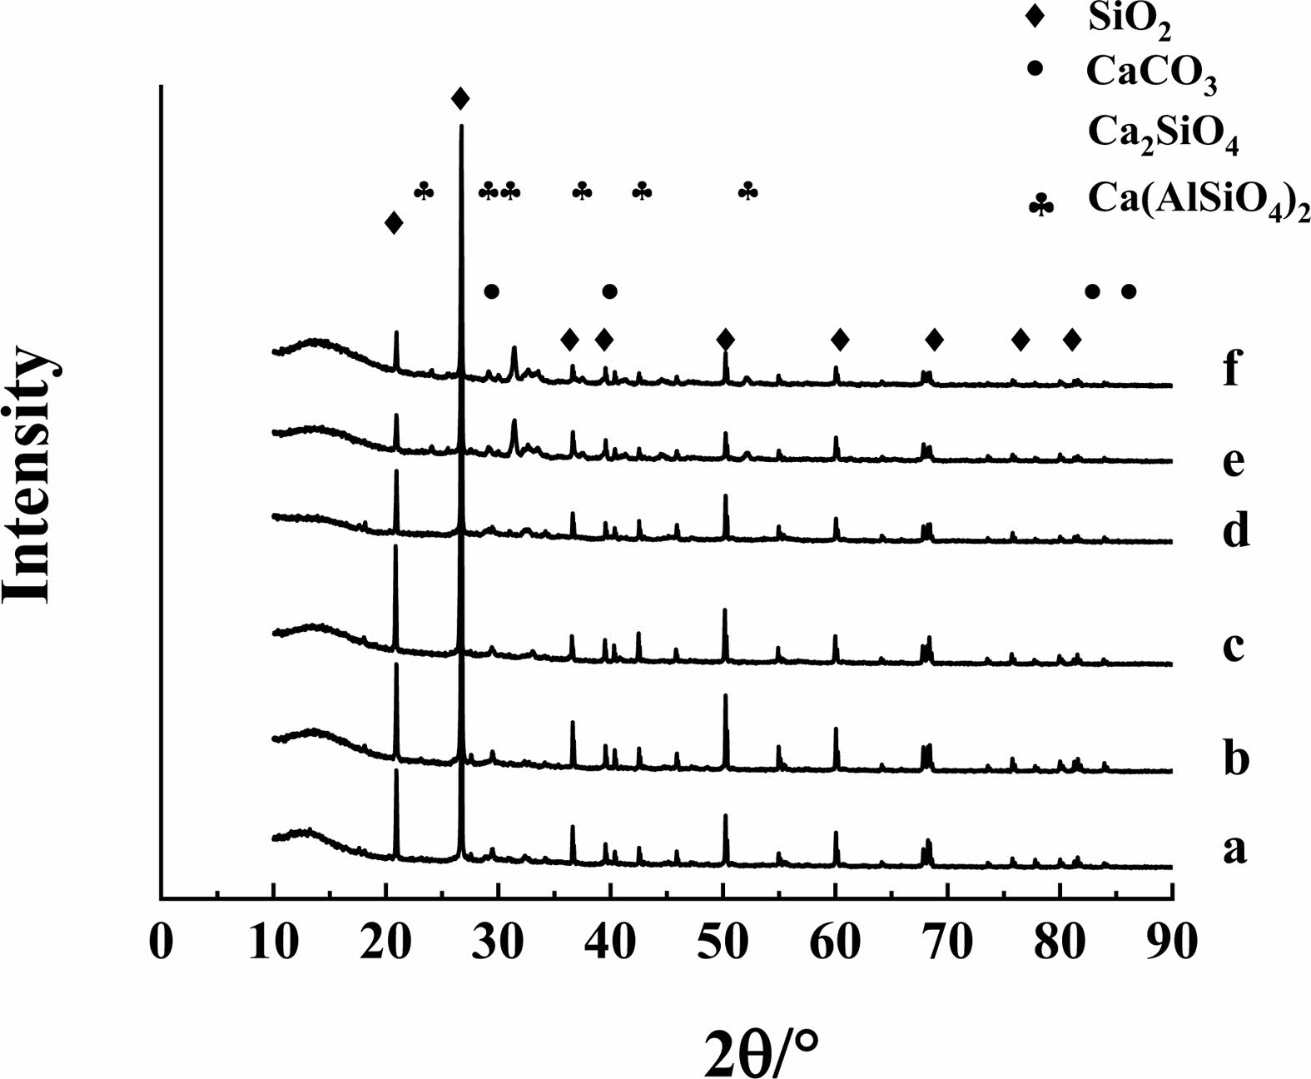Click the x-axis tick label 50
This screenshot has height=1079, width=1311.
(723, 943)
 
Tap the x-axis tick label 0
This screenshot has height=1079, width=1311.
(161, 943)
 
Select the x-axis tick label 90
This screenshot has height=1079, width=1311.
(1172, 943)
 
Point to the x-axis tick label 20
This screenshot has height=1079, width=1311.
(385, 943)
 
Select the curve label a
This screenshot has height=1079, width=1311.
(1234, 849)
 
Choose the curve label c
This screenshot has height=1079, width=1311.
(1234, 645)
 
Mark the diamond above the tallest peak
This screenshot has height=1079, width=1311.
(460, 100)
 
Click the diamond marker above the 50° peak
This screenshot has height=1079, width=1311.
(726, 340)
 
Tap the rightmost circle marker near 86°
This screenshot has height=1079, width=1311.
(1129, 291)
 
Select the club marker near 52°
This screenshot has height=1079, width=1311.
(748, 191)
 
